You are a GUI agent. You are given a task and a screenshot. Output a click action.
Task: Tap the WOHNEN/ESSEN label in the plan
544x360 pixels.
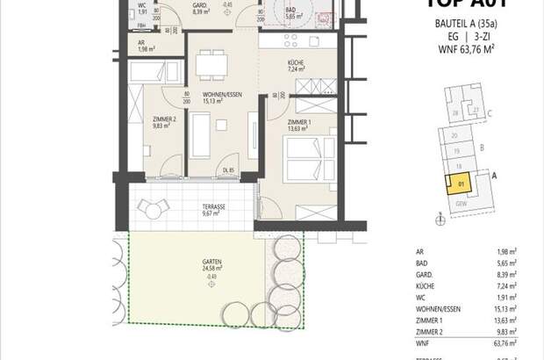(211, 96)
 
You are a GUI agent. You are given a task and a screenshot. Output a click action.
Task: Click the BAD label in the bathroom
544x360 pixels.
(292, 9)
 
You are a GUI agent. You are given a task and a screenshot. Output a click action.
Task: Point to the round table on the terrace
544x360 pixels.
(159, 208)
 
